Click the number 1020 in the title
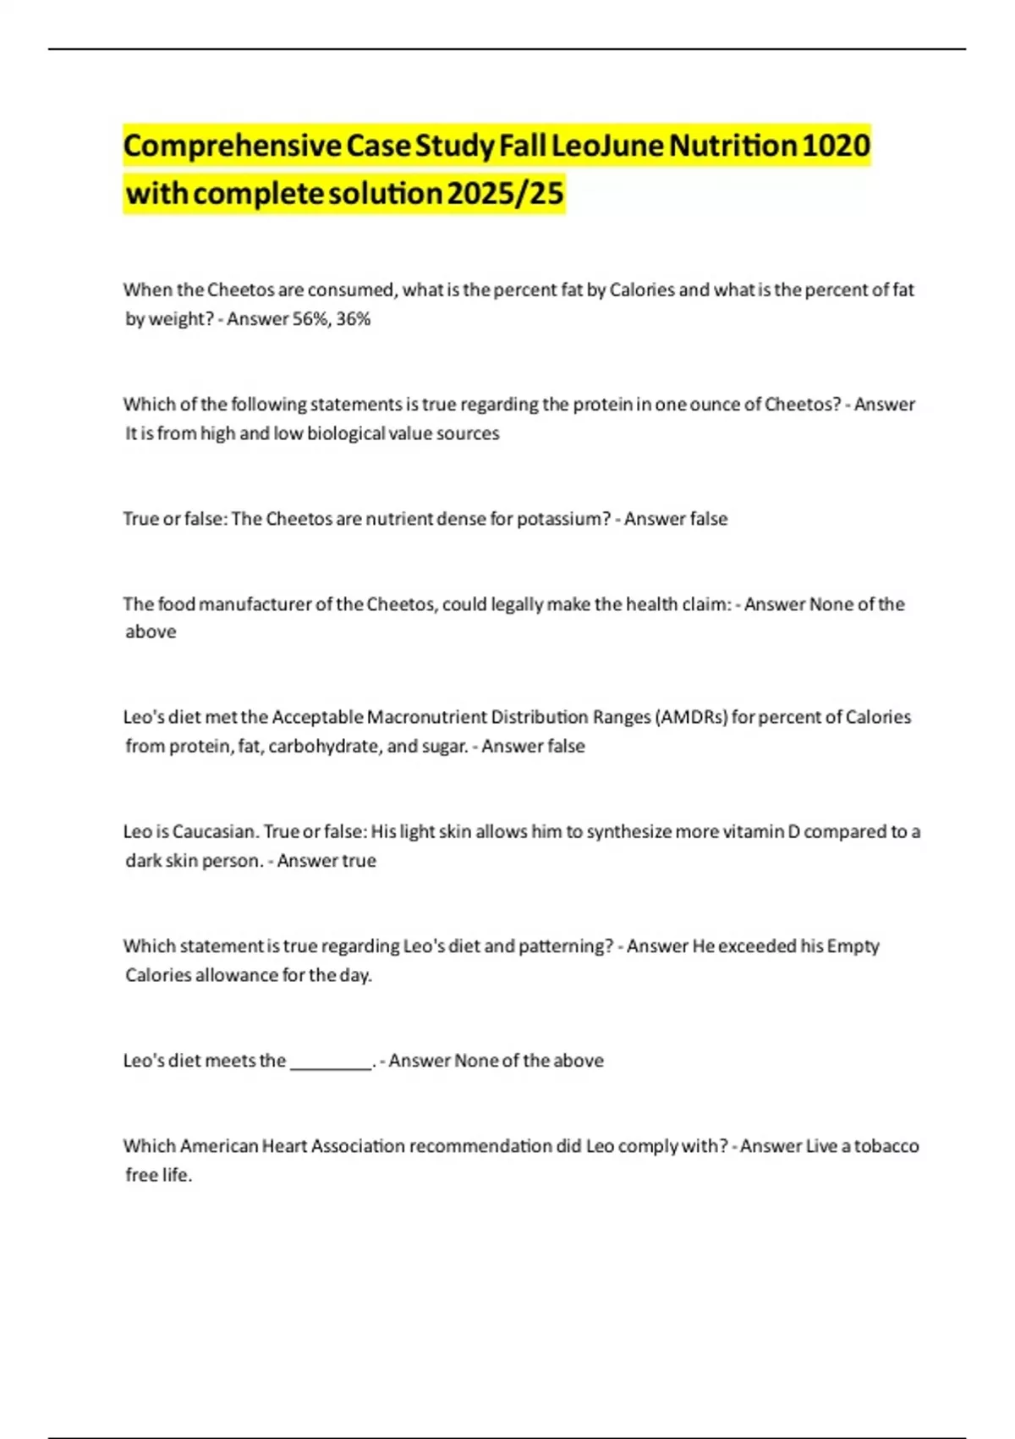(x=835, y=146)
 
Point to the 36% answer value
(x=354, y=319)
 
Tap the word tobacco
(x=886, y=1146)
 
